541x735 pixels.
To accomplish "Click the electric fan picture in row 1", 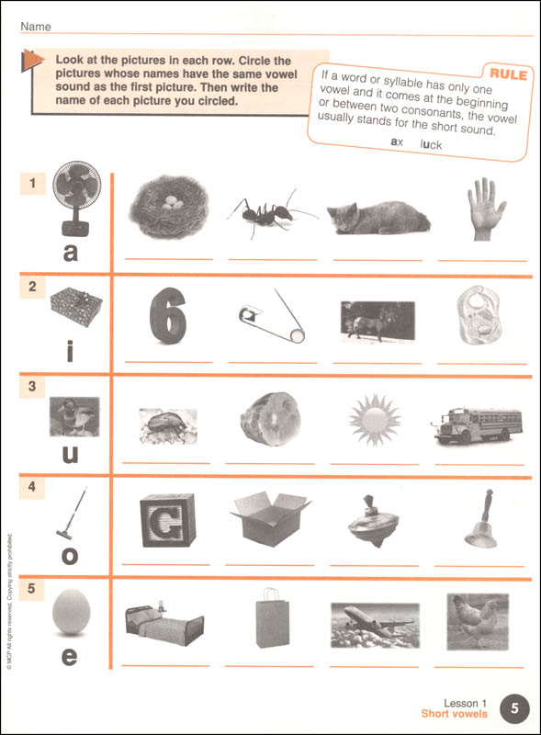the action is point(76,198).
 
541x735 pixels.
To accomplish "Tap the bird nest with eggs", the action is point(169,206).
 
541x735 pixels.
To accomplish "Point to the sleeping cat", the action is point(378,218).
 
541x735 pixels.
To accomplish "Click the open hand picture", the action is point(486,209).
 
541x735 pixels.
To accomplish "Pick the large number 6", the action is point(168,315).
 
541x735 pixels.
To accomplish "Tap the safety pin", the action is point(273,315).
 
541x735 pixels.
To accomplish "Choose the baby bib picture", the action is point(479,314).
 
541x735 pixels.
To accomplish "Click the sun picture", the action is point(374,420).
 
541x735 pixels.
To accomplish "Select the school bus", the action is point(477,425).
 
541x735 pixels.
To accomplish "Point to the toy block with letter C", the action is point(167,520).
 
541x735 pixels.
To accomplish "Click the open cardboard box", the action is point(270,518).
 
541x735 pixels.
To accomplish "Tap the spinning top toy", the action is point(373,521).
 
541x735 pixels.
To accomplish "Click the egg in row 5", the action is point(71,612).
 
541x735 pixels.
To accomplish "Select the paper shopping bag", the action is point(272,618).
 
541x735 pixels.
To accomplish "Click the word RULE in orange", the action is point(508,74).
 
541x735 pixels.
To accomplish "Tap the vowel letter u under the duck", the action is point(71,454).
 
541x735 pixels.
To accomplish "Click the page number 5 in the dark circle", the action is point(514,707).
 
